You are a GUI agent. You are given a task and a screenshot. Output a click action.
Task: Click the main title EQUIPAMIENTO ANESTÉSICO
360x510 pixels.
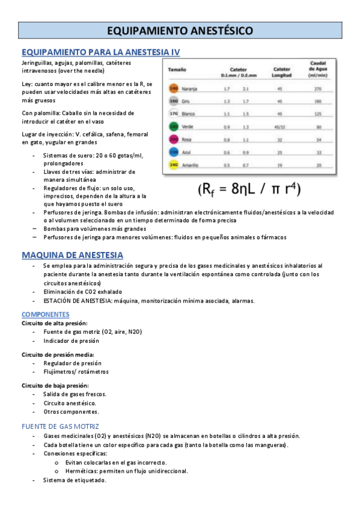(180, 31)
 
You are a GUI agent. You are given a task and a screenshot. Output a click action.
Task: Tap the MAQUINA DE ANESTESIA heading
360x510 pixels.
(72, 255)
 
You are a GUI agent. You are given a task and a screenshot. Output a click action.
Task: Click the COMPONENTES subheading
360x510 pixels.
(46, 314)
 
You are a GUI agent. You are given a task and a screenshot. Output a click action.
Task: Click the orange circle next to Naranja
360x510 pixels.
(174, 88)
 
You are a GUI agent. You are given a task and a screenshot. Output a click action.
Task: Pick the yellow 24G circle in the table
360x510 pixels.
(173, 165)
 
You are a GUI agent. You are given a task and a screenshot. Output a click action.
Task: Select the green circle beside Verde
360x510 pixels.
(173, 127)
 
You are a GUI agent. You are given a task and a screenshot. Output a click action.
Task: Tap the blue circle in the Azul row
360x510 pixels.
(173, 152)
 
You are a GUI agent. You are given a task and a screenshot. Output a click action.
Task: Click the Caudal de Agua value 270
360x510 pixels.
(319, 88)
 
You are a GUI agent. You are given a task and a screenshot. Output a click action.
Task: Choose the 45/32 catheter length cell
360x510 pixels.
(279, 127)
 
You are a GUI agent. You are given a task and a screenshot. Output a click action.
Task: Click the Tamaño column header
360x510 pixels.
(176, 70)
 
